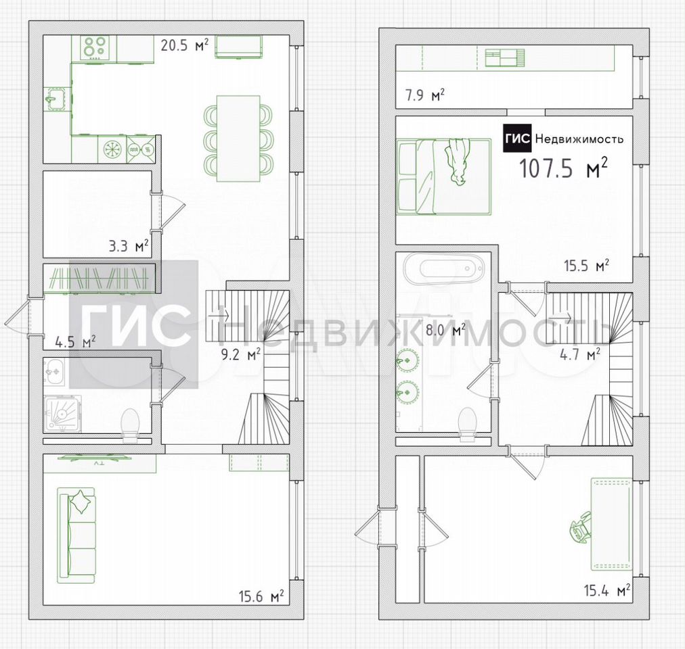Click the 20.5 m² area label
[x=184, y=45]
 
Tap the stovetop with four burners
[x=95, y=47]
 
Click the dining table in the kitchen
[x=238, y=138]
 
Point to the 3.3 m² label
[x=129, y=245]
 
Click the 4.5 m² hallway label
[x=75, y=341]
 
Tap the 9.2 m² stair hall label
[x=241, y=354]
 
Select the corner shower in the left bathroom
[x=62, y=414]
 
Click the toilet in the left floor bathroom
[x=130, y=425]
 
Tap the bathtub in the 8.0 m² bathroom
[x=443, y=269]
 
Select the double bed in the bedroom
[x=443, y=176]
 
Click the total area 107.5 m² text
[x=563, y=168]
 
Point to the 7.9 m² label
[x=425, y=95]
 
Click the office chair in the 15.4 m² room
[x=581, y=528]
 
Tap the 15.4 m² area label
[x=606, y=590]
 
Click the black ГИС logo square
[x=517, y=139]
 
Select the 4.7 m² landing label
[x=579, y=354]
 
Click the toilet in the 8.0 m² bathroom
[x=467, y=424]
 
